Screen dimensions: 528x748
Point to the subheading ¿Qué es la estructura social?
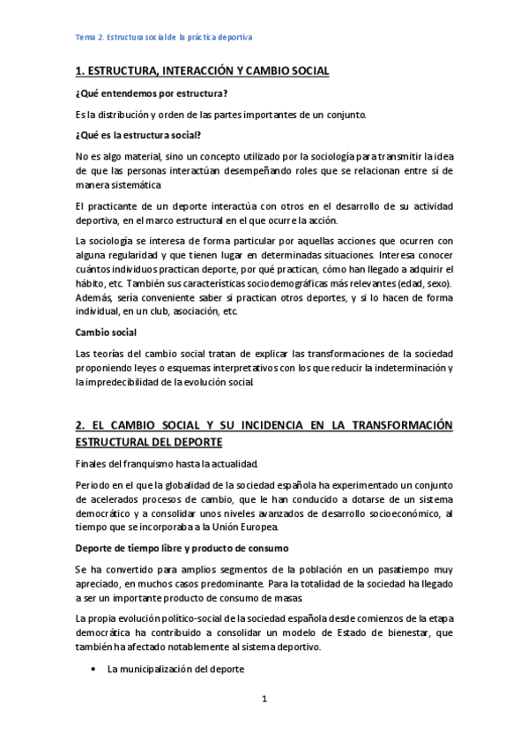click(138, 134)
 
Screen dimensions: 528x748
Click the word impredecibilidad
click(127, 381)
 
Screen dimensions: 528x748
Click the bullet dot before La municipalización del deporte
click(93, 670)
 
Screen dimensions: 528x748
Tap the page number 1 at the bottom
click(264, 700)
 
